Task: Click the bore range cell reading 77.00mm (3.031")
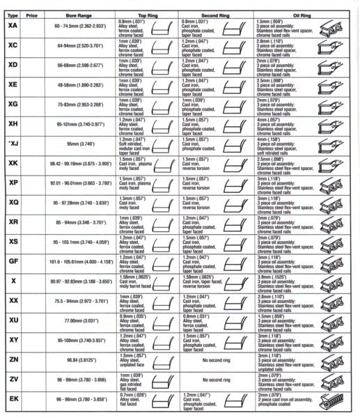point(77,322)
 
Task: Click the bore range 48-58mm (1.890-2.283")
point(77,86)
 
